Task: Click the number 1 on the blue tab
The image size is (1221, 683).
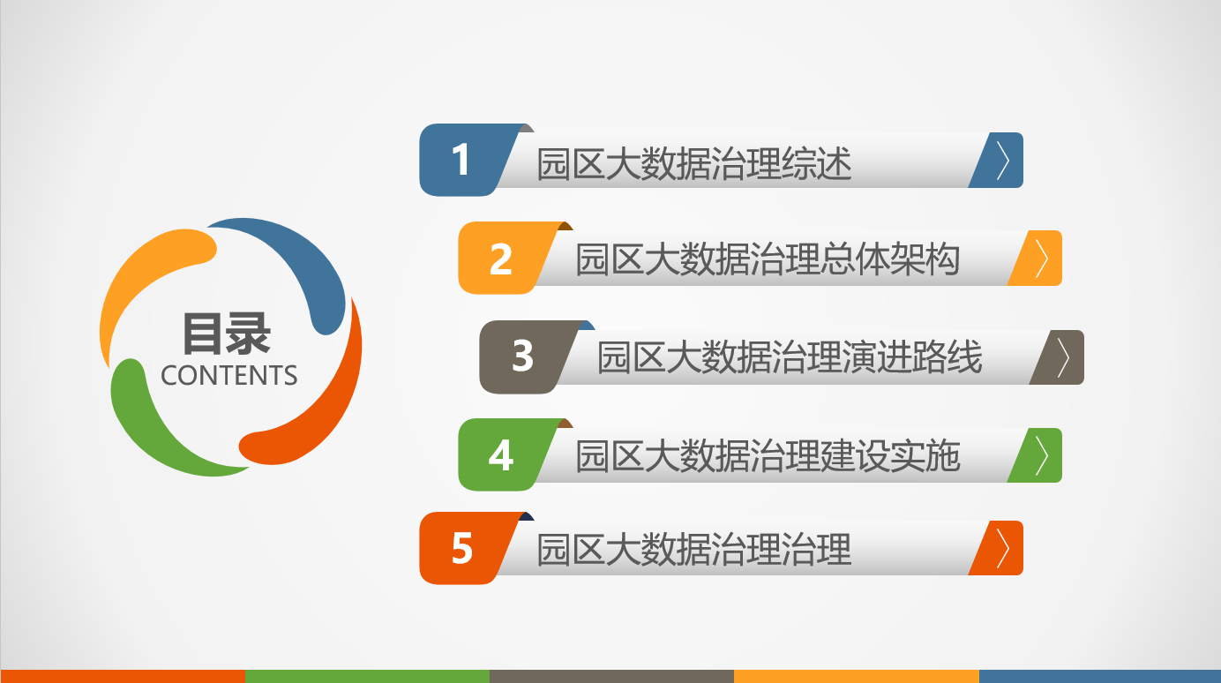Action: coord(461,159)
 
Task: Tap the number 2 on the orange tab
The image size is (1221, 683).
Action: coord(501,259)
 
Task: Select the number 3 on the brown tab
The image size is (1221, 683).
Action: coord(522,356)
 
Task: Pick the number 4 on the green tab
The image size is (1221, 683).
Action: coord(501,454)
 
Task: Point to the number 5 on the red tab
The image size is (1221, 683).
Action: coord(461,548)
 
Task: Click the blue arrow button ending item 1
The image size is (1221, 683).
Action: coord(997,161)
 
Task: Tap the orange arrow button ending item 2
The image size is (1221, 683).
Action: coord(1036,258)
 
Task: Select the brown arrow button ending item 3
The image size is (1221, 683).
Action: coord(1058,357)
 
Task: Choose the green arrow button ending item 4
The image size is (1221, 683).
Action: coord(1036,455)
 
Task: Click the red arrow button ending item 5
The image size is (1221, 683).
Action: coord(997,548)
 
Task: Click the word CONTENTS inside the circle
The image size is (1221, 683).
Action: coord(229,376)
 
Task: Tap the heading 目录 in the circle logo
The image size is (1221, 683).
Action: coord(227,333)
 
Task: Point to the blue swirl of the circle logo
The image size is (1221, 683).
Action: coord(305,262)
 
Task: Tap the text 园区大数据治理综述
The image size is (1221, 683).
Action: coord(694,163)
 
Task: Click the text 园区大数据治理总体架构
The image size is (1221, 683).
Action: coord(768,259)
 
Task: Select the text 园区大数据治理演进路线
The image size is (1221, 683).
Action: coord(790,357)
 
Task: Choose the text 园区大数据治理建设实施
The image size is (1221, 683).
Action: coord(768,455)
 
